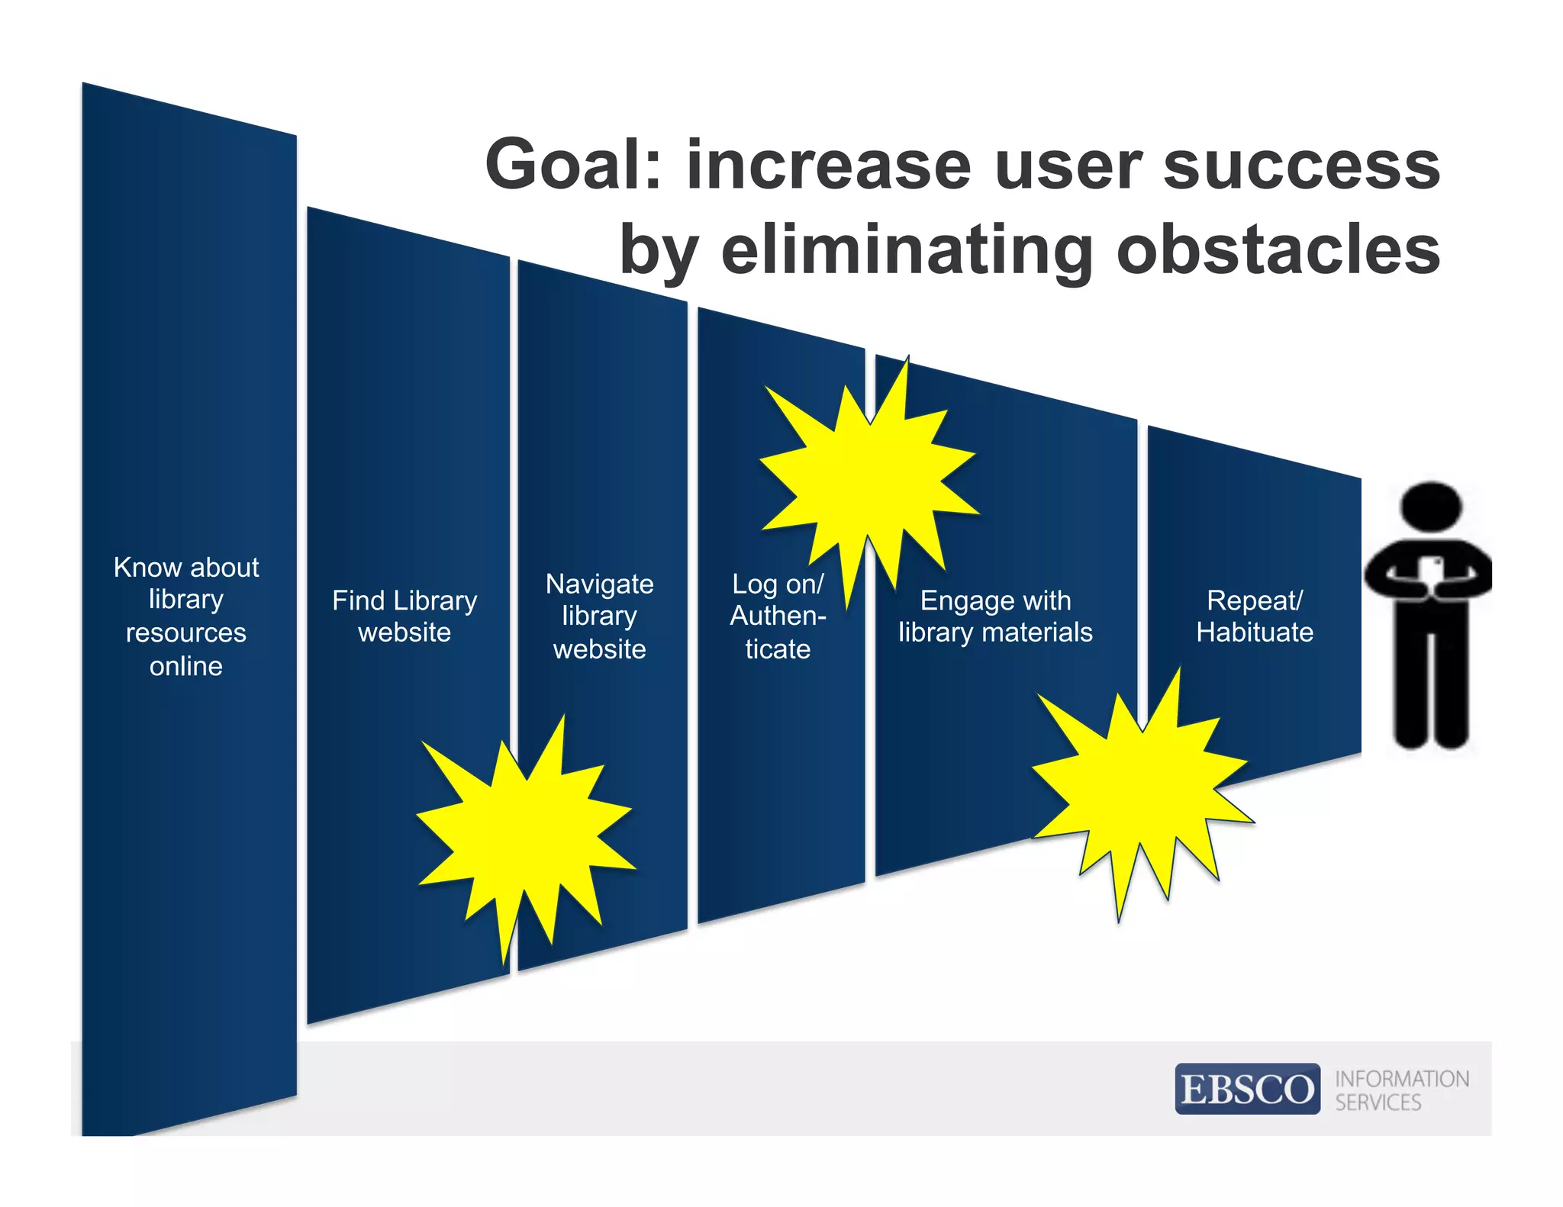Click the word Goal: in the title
tap(574, 166)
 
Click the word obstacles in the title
tap(1278, 250)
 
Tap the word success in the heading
tap(1300, 166)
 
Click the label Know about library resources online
tap(186, 616)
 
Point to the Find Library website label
tap(404, 616)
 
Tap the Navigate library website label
tap(600, 616)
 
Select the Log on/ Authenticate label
tap(778, 616)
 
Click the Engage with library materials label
tap(995, 616)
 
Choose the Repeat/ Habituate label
tap(1255, 616)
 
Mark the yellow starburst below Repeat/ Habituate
tap(1141, 793)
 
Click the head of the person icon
tap(1431, 507)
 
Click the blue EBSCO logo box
tap(1247, 1089)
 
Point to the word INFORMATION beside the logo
tap(1402, 1079)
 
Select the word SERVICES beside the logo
tap(1378, 1102)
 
